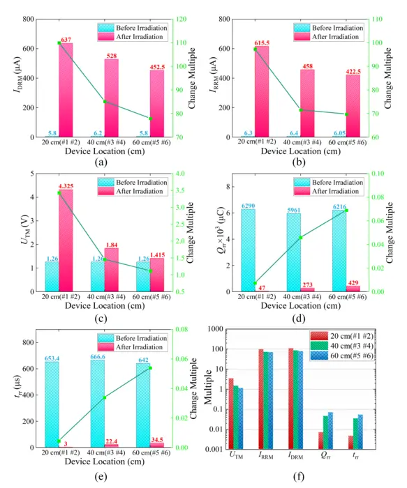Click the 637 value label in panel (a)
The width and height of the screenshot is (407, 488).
(66, 40)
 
